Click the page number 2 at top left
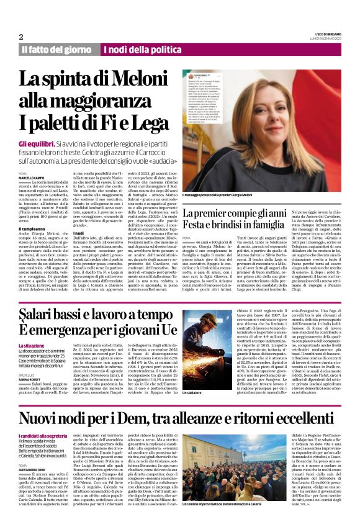tap(22, 37)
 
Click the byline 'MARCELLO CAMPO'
tap(32, 177)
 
